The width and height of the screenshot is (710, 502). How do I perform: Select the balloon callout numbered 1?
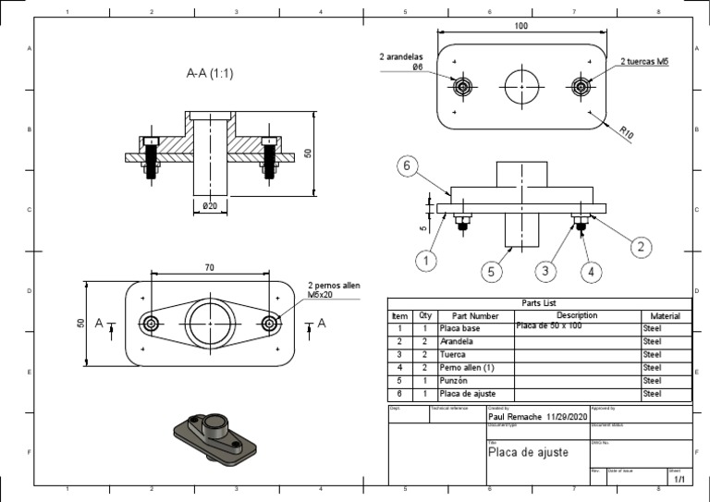point(425,261)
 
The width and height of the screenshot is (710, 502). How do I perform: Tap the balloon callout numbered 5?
point(493,271)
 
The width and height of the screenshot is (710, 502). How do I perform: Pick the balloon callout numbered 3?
point(546,270)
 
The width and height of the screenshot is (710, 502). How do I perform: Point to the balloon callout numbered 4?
point(591,271)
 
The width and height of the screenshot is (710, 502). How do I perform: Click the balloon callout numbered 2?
point(642,246)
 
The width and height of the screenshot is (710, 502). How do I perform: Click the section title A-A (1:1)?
point(210,73)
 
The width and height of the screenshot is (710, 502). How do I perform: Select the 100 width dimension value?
point(521,27)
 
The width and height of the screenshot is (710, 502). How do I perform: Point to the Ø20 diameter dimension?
point(211,206)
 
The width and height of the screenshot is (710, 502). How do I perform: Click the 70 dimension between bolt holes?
point(210,267)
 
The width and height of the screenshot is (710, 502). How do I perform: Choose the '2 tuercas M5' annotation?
point(644,62)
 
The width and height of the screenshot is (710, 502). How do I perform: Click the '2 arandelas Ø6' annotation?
point(401,62)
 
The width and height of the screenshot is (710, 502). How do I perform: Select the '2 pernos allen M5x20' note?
point(334,291)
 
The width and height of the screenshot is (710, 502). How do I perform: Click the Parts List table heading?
point(539,302)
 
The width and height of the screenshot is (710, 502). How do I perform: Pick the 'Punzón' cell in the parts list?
point(454,381)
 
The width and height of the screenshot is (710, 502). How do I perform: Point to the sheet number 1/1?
point(679,480)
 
